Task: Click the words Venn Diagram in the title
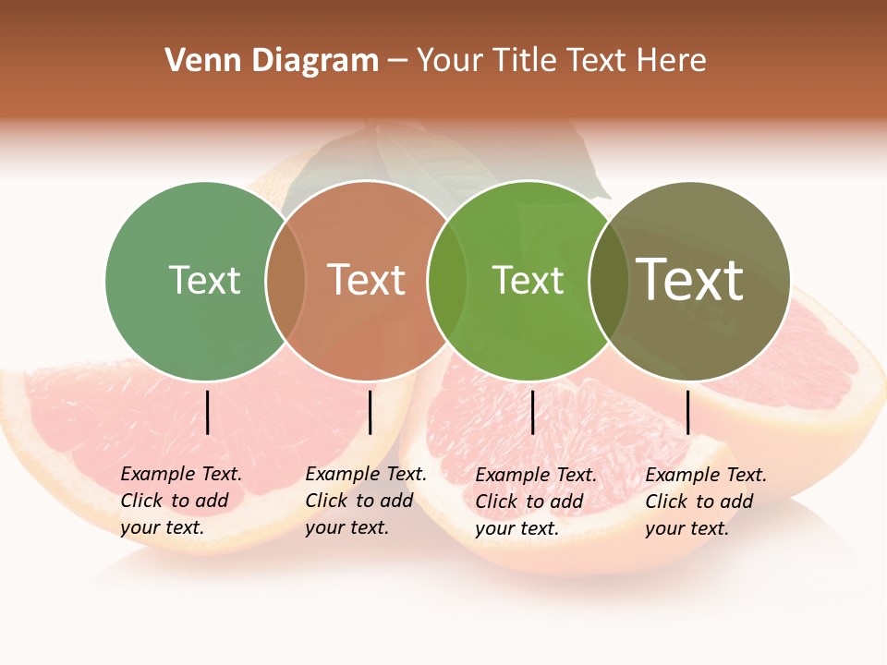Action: tap(272, 61)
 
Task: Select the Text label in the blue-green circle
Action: tap(204, 280)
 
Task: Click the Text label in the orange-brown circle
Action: tap(367, 280)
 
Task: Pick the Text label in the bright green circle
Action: tap(528, 280)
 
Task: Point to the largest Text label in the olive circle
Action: tap(690, 280)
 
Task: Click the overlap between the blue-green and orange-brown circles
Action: tap(286, 281)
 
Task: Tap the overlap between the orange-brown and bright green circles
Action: tap(447, 281)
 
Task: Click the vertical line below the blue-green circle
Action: tap(208, 412)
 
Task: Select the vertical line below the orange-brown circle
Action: tap(370, 412)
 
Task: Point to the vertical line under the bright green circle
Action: tap(532, 412)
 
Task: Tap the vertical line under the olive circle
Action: tap(687, 412)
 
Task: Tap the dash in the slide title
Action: tap(397, 61)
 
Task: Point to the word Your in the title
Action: tap(450, 61)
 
